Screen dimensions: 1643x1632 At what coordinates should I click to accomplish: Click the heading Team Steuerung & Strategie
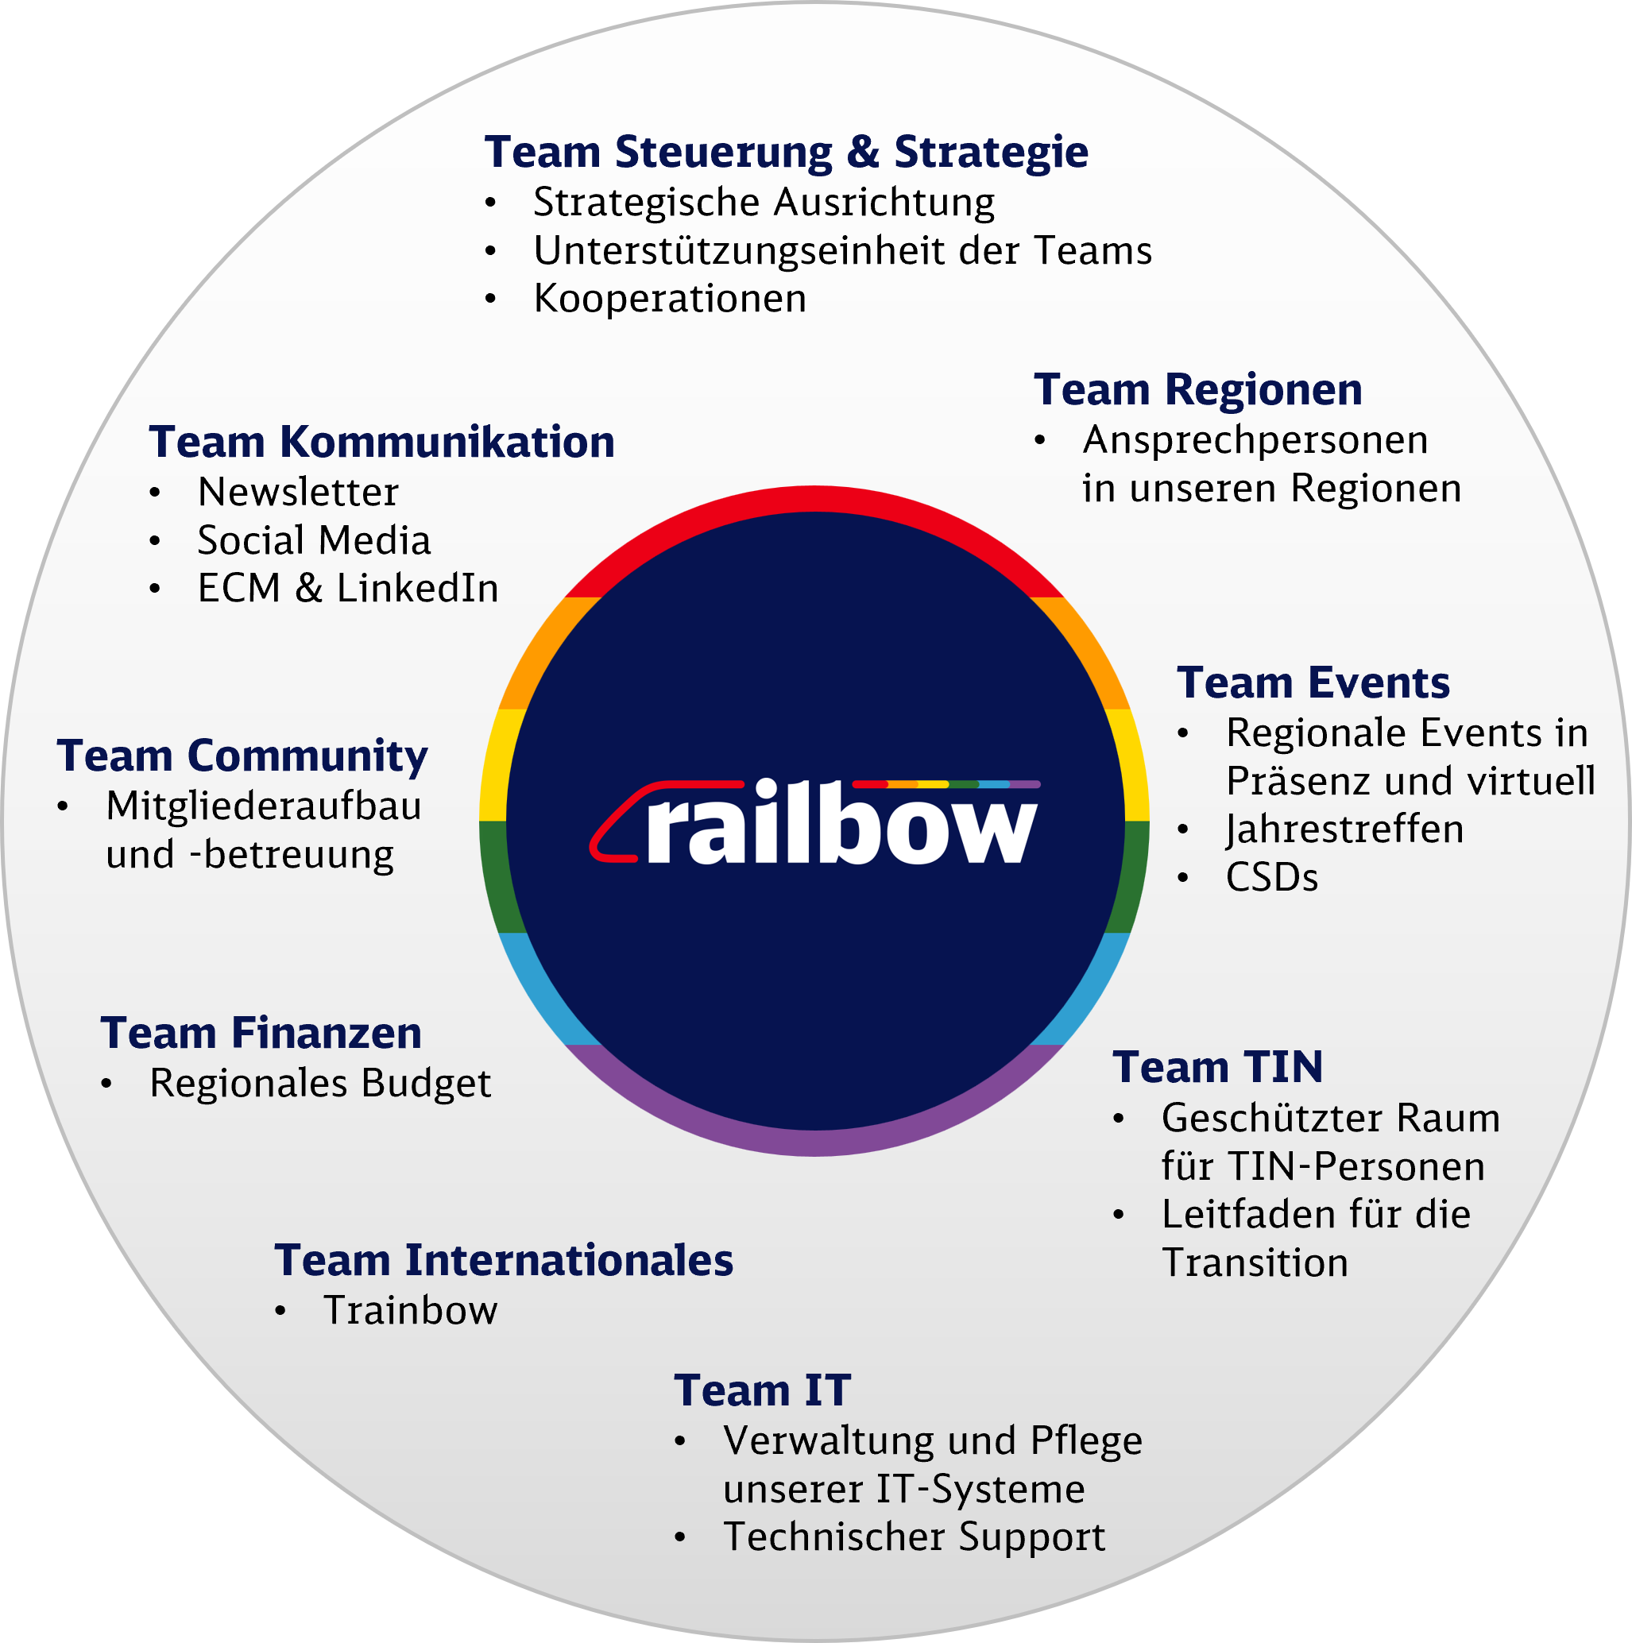(x=786, y=153)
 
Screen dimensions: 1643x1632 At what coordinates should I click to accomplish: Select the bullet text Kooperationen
(x=669, y=299)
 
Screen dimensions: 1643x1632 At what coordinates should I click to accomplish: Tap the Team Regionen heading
(x=1197, y=390)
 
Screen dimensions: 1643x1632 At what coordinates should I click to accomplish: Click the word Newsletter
(x=298, y=493)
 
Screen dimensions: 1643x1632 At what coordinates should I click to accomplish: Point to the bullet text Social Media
(x=314, y=541)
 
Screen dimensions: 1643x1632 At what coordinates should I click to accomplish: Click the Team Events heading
(x=1313, y=683)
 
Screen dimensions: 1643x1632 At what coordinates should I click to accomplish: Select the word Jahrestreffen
(x=1344, y=829)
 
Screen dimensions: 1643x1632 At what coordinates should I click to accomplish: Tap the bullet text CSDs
(x=1271, y=878)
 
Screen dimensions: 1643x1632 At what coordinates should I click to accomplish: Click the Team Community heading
(x=242, y=756)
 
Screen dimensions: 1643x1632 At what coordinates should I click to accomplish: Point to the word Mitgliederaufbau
(x=264, y=806)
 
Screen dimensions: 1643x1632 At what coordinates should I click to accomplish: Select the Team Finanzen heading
(x=261, y=1034)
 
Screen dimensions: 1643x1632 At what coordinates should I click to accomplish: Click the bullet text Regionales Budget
(x=319, y=1084)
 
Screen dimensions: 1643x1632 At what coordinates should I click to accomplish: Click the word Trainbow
(x=411, y=1310)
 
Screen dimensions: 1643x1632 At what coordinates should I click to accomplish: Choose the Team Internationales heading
(x=504, y=1261)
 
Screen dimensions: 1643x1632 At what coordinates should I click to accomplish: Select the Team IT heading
(x=762, y=1391)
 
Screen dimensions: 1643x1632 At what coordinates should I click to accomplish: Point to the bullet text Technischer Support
(x=914, y=1537)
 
